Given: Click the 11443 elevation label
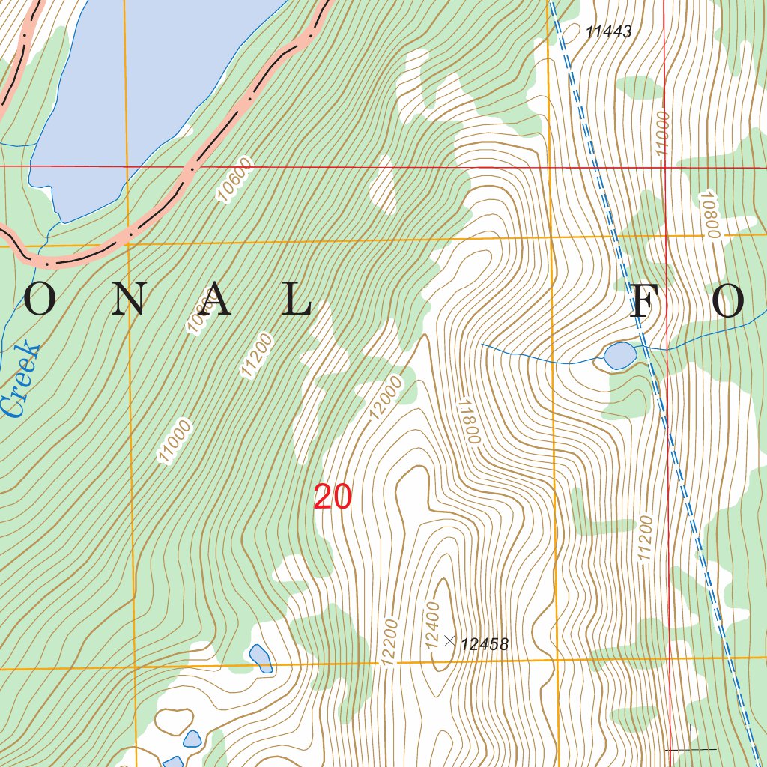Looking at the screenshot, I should point(609,32).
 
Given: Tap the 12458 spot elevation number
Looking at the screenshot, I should point(485,644).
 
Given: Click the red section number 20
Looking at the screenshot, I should point(332,497).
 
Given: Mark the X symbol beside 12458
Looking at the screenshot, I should point(449,640).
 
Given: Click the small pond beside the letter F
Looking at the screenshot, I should point(619,356).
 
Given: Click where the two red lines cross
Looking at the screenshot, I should point(665,166).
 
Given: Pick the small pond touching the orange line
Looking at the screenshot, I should point(261,658).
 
